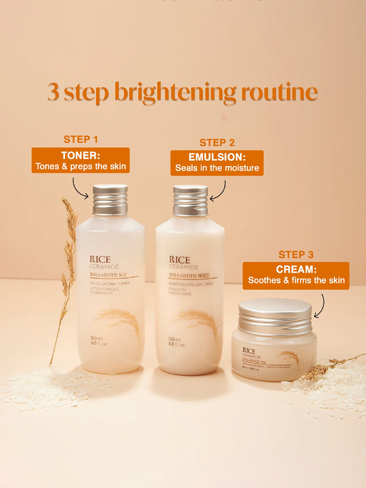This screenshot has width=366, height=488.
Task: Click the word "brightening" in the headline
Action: tap(175, 92)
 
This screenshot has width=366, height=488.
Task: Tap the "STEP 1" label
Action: tap(81, 139)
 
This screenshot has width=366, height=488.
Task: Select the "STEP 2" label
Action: tap(217, 143)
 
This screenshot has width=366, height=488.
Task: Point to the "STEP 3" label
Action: tap(296, 255)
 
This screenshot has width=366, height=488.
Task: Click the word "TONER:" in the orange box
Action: tap(81, 156)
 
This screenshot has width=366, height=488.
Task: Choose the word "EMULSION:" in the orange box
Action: tap(217, 157)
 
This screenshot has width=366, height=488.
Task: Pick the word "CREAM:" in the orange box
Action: tap(296, 269)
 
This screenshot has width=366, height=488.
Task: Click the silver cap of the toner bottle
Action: tap(110, 200)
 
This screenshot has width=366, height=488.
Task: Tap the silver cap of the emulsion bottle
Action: tap(190, 200)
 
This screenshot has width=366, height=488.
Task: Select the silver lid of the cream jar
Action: tap(275, 316)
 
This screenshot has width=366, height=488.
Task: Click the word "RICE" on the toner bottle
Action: tap(100, 260)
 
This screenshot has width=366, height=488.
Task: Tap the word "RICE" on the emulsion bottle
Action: tap(180, 260)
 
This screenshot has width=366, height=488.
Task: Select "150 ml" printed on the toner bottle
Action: tap(97, 338)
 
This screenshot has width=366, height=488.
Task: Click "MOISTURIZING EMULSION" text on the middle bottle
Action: tap(191, 284)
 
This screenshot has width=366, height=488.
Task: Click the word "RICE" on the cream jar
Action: tap(249, 351)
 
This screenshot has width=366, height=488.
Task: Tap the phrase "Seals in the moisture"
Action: tap(217, 168)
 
